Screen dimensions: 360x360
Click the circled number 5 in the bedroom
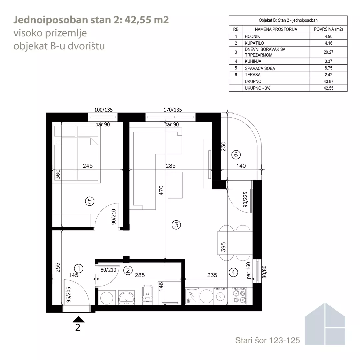click(90, 201)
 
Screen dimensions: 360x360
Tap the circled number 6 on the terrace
click(236, 155)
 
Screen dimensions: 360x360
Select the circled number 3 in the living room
click(176, 225)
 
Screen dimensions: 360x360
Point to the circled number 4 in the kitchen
click(233, 273)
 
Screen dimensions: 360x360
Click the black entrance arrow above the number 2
click(79, 319)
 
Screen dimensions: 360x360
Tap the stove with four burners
click(239, 296)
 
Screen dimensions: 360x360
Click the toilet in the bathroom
click(147, 295)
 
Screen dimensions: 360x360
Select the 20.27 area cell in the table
click(328, 52)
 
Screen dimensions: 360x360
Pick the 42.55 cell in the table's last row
click(328, 88)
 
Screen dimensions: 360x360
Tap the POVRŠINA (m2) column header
click(328, 29)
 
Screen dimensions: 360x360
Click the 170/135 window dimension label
click(173, 110)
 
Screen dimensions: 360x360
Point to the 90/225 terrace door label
click(245, 200)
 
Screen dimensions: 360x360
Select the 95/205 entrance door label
click(68, 295)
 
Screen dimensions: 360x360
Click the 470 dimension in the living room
click(161, 190)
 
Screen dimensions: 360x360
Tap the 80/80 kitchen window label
click(264, 272)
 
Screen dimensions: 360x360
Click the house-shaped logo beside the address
click(325, 324)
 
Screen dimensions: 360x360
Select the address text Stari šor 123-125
click(267, 340)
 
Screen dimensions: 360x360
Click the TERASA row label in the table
click(253, 75)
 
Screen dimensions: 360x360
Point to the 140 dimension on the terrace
click(241, 166)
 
